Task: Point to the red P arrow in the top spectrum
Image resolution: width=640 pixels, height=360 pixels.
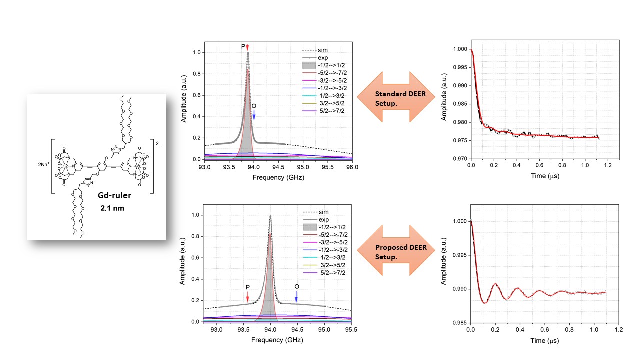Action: (247, 47)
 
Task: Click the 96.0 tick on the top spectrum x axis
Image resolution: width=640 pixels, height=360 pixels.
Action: (352, 168)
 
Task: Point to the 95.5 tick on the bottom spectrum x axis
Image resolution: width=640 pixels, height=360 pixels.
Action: (351, 330)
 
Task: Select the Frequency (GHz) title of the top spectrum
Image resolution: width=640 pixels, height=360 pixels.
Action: (278, 177)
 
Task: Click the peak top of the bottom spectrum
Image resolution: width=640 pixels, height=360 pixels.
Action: (270, 216)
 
